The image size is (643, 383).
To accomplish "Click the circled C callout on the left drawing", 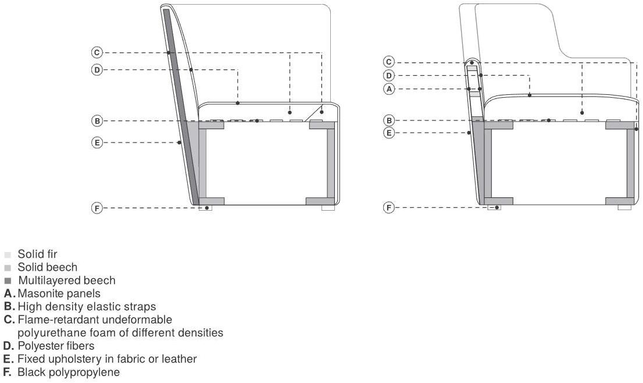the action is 97,52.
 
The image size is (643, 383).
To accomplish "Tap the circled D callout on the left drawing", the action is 97,70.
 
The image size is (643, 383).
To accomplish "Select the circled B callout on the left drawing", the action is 97,121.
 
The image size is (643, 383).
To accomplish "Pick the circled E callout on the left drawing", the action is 97,143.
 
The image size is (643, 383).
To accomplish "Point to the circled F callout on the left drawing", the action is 97,208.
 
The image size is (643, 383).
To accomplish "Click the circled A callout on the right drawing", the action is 389,88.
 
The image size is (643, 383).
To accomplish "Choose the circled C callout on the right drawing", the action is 389,62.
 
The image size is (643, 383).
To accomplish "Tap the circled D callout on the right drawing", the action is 389,76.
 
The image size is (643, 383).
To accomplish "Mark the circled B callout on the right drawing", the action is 389,120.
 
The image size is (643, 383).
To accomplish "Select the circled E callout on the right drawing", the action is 389,133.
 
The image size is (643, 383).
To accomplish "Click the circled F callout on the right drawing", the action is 389,207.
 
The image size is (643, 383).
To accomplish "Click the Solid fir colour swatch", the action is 8,255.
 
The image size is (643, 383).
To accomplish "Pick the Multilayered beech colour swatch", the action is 8,281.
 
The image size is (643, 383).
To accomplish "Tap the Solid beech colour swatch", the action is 8,268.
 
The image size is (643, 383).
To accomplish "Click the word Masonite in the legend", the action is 38,293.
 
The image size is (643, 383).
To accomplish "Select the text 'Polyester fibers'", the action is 56,346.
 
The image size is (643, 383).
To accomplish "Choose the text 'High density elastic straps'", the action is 87,307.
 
